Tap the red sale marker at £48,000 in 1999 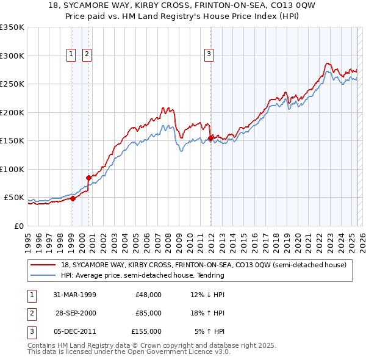[73, 198]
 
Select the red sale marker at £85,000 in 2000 [89, 178]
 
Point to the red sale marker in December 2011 [210, 138]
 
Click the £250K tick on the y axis [12, 84]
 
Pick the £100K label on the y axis [12, 169]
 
